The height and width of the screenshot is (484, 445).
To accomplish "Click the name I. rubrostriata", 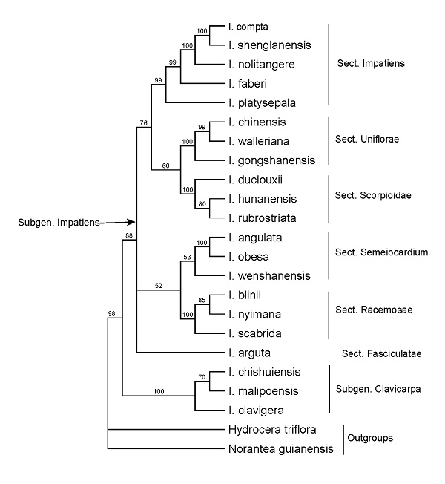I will (264, 218).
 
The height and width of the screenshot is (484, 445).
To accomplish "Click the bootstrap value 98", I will (113, 314).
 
